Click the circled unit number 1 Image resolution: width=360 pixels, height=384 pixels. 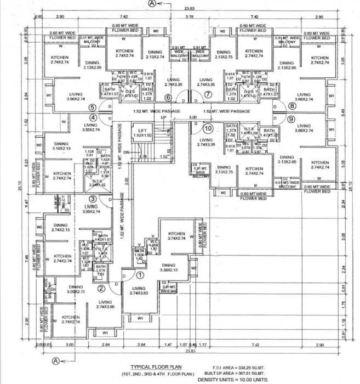140,275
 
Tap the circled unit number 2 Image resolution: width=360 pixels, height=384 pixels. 101,289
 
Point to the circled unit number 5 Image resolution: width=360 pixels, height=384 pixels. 93,108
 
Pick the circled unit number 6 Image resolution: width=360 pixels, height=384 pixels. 168,98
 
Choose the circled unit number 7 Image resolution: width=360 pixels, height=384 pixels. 208,94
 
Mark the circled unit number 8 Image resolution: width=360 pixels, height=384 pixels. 292,106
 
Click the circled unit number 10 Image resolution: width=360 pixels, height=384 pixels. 208,129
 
